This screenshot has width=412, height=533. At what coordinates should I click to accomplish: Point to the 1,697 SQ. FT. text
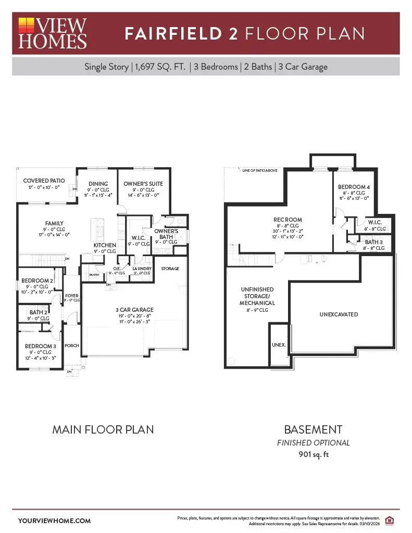[160, 67]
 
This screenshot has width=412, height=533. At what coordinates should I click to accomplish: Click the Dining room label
[98, 184]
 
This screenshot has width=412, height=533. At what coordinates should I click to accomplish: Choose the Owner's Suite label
[143, 184]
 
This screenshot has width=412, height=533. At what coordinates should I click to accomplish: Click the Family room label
[55, 223]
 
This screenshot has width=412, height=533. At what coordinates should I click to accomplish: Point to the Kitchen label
[105, 245]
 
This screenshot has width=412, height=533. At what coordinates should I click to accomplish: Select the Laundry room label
[141, 269]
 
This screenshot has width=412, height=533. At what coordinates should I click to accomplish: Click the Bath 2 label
[39, 312]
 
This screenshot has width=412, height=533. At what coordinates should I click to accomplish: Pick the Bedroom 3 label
[41, 346]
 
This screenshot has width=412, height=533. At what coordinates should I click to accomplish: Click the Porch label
[71, 346]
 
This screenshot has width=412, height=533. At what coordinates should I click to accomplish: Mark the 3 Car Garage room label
[134, 310]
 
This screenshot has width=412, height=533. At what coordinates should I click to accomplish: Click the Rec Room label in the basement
[288, 220]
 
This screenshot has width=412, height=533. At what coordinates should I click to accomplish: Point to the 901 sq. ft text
[313, 454]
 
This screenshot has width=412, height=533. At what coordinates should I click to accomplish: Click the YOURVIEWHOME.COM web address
[54, 521]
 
